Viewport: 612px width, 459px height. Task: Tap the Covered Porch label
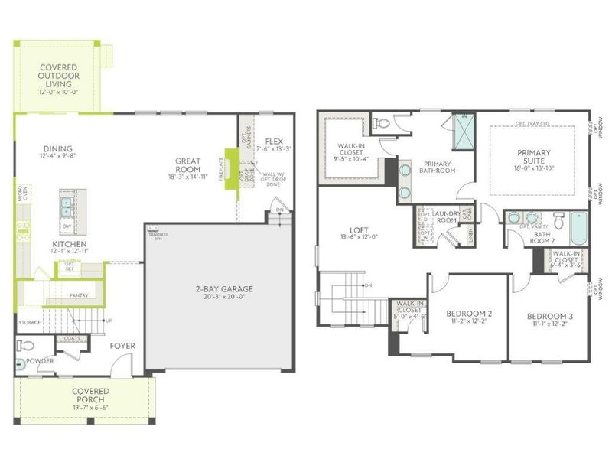point(90,392)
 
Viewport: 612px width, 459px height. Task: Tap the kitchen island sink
point(66,205)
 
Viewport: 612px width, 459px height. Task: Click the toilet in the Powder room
point(23,345)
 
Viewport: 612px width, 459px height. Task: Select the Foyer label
point(122,346)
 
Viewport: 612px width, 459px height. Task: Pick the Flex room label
point(274,142)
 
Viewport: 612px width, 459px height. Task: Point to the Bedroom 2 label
point(469,314)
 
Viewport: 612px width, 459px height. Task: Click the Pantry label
point(78,295)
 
